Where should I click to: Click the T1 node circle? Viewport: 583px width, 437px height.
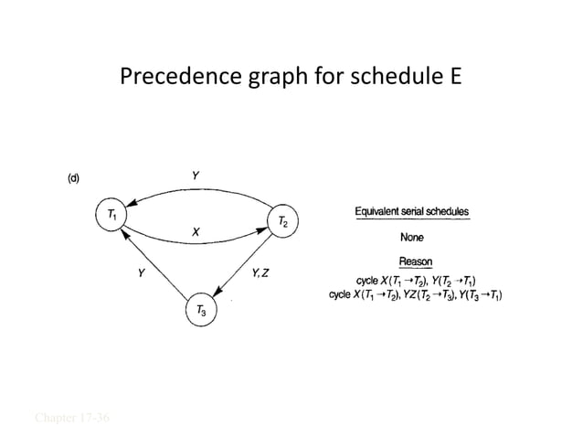(x=111, y=217)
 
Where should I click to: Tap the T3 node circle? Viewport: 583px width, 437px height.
(x=200, y=311)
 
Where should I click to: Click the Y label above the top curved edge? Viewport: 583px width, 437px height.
(x=196, y=175)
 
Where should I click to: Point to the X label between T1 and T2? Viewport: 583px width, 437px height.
(x=196, y=233)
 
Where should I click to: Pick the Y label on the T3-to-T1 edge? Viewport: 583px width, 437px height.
(x=140, y=272)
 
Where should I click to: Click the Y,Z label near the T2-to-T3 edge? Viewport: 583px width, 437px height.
(x=260, y=272)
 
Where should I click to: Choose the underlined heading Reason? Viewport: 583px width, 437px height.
(x=416, y=262)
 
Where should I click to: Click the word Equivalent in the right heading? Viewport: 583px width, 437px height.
(x=382, y=213)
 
